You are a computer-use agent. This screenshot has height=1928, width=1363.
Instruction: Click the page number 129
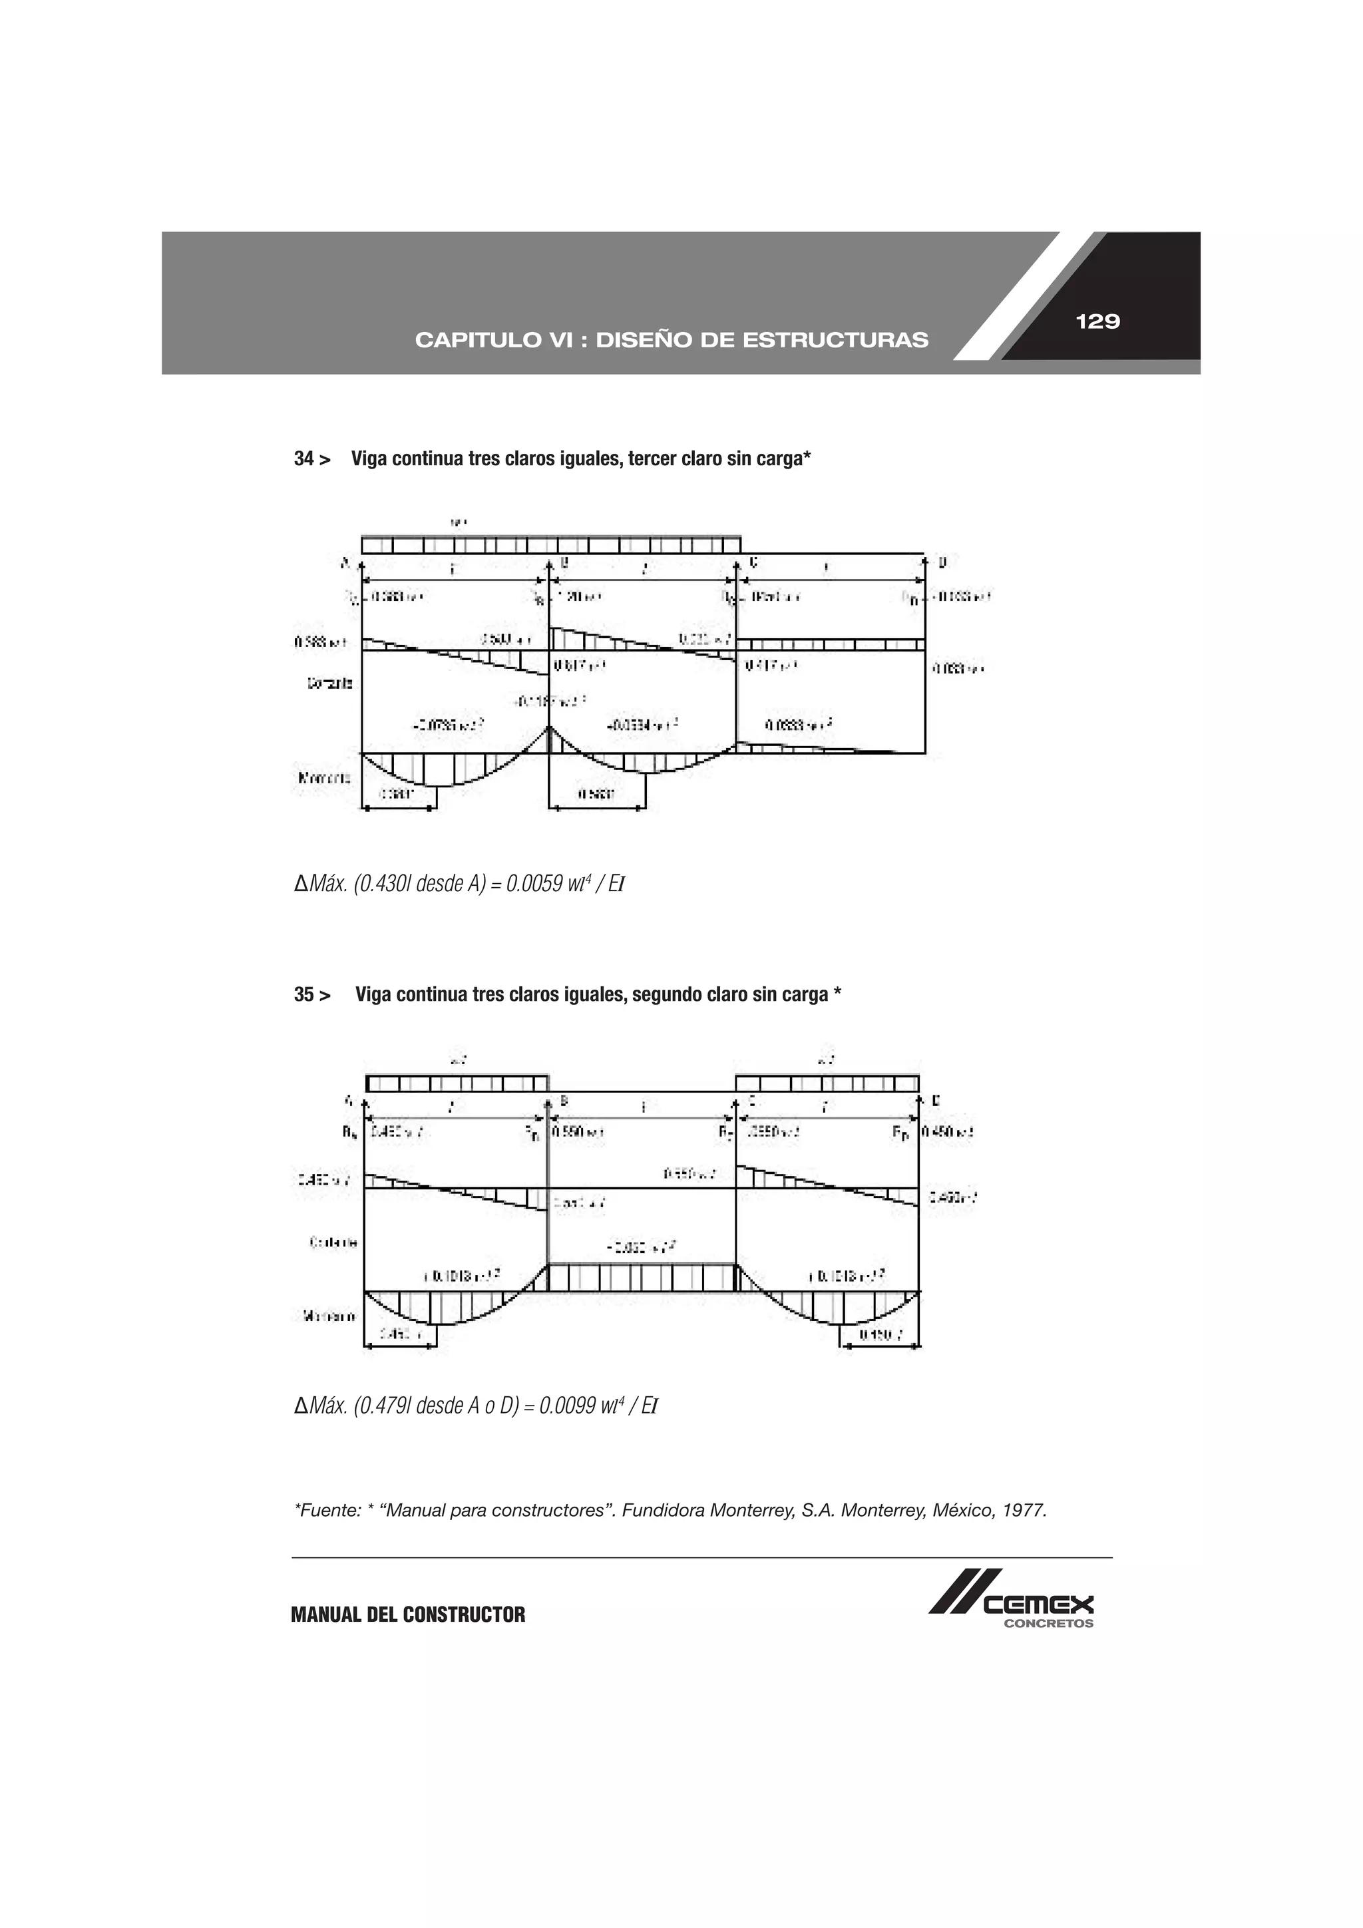point(1097,321)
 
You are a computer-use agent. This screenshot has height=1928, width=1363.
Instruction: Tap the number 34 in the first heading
point(303,459)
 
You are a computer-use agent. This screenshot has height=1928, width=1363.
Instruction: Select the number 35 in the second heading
point(303,994)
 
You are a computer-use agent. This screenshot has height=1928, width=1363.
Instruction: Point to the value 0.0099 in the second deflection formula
point(567,1406)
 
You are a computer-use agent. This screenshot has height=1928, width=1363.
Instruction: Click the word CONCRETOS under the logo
point(1049,1624)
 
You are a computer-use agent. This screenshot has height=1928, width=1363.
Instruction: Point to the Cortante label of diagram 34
point(330,683)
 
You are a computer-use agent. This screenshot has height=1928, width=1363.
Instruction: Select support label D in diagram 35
point(936,1101)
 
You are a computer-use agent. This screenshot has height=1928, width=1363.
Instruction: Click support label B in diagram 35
point(564,1101)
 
